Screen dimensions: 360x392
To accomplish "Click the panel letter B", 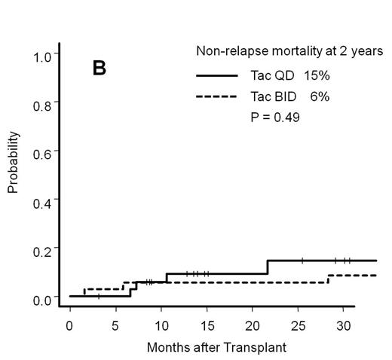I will [100, 69].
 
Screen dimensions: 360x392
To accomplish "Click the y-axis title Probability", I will [13, 163].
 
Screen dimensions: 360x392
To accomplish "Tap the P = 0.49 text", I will [275, 117].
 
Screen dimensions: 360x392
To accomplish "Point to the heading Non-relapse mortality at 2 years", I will [289, 51].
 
